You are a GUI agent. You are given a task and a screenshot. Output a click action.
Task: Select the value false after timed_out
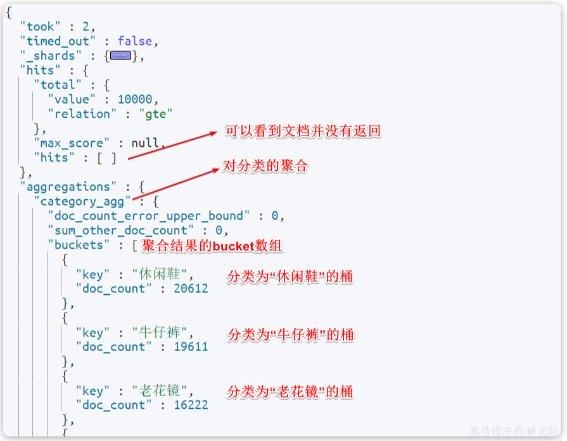point(135,41)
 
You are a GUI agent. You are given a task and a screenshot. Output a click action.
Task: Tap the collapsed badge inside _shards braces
point(120,56)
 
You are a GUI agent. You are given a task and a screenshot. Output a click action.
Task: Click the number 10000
point(135,99)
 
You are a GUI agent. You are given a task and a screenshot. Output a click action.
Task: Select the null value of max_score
point(145,143)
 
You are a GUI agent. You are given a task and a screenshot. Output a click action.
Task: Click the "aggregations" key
point(65,187)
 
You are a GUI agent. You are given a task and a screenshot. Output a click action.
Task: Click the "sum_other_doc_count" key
point(121,230)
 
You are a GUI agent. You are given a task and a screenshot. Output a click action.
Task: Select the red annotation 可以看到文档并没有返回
point(303,132)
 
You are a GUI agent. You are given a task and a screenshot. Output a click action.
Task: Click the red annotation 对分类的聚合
point(264,166)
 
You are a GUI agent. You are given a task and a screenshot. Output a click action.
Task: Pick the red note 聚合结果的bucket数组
point(212,245)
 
